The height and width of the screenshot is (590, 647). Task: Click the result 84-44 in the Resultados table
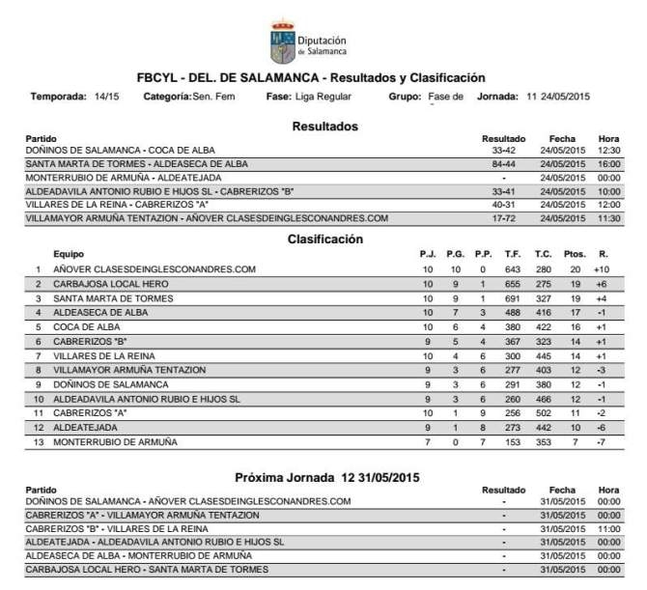(x=502, y=164)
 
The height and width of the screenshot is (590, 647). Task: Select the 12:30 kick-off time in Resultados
(x=608, y=151)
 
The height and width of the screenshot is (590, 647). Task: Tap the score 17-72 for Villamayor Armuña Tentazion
(x=502, y=218)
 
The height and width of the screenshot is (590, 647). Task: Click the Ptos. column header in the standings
(x=575, y=254)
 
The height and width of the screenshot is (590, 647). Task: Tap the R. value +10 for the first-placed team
(x=602, y=269)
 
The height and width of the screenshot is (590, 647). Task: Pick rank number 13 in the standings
(x=38, y=441)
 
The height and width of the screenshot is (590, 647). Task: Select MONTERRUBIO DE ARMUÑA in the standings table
(x=115, y=441)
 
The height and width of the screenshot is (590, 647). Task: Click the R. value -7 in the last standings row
(x=602, y=441)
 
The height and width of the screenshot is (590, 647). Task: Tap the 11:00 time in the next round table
(x=608, y=530)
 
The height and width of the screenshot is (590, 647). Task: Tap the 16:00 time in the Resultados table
(x=608, y=164)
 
